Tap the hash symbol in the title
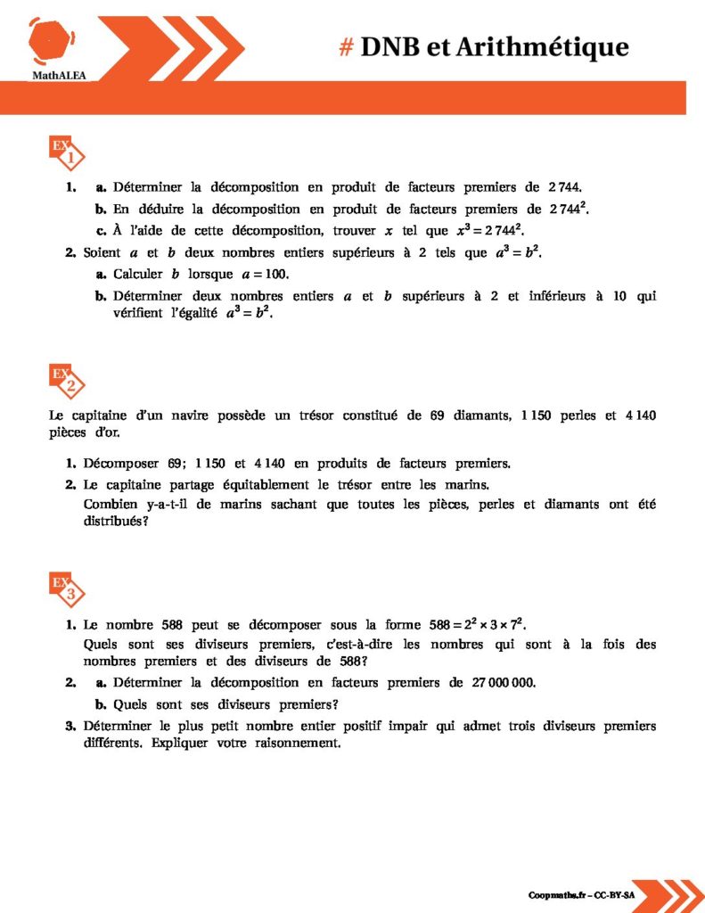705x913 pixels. pos(347,47)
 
